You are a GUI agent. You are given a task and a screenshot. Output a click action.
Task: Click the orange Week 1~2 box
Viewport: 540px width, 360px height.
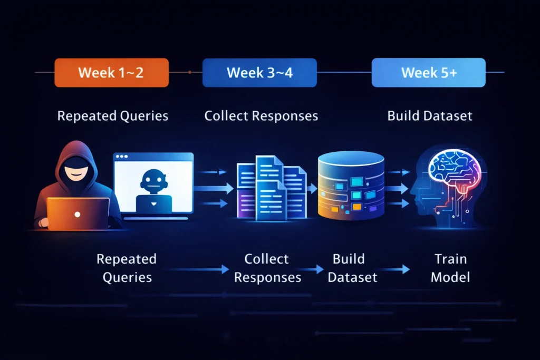[111, 73]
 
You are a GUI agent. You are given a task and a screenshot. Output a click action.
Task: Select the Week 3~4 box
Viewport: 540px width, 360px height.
[259, 73]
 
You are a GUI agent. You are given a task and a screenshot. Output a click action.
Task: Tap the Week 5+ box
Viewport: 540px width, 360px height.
[428, 73]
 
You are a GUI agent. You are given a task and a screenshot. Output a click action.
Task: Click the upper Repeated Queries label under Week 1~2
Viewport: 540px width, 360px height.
[113, 115]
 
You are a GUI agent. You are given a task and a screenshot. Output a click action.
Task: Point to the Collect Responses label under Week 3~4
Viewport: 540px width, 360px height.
[261, 115]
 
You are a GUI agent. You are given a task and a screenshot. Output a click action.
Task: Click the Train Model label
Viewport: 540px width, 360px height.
[450, 268]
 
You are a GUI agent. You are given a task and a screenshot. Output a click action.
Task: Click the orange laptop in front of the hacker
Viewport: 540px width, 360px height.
[78, 213]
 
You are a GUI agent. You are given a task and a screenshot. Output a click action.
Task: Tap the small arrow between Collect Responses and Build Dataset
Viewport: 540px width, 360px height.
[316, 269]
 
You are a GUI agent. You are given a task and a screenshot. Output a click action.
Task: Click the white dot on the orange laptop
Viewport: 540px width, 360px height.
[78, 215]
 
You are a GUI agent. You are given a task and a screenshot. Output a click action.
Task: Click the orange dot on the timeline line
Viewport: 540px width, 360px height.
[190, 72]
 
